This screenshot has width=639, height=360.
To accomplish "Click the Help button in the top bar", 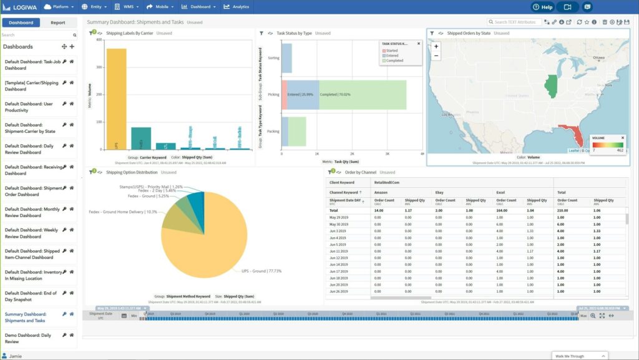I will pos(543,7).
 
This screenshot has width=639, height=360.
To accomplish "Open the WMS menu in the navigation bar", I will pos(128,7).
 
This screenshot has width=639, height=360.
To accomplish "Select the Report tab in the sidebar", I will pos(58,22).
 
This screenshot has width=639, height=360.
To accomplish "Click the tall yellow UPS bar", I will pos(116,99).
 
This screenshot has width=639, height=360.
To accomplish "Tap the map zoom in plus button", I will pos(436,46).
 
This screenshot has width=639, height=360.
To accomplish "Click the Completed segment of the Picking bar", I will pos(363,95).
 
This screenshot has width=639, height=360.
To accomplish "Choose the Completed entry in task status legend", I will pos(394,61).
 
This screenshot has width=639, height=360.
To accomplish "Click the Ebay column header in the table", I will pos(439,193).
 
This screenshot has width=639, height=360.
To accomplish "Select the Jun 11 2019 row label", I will pos(339,251).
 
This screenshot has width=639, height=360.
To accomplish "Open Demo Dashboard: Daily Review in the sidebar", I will pos(29,338).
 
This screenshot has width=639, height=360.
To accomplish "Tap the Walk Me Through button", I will pos(579,356).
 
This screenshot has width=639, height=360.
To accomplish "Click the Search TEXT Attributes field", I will pos(514,22).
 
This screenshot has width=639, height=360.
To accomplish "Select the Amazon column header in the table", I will pos(381,193).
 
